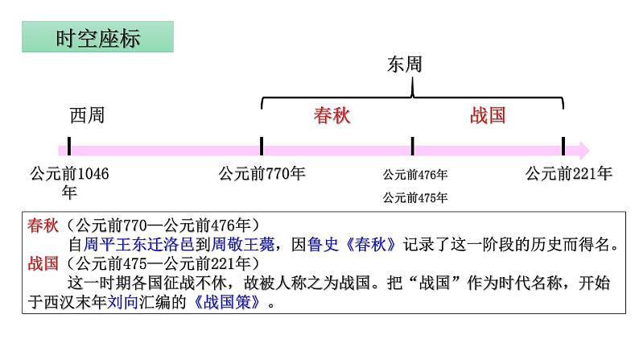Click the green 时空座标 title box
tap(98, 37)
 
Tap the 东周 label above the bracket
tap(405, 64)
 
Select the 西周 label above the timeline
tap(87, 115)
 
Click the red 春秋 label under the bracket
tap(332, 115)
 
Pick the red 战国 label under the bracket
tap(488, 115)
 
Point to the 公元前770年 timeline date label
tap(262, 174)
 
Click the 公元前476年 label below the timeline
tap(414, 175)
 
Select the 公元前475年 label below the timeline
tap(414, 198)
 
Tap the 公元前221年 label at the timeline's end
tap(569, 174)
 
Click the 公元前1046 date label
tap(69, 182)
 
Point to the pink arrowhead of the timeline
tap(583, 151)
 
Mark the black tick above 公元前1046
tap(69, 146)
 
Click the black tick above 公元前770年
tap(262, 146)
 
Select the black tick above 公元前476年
tap(412, 146)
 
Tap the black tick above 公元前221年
tap(563, 146)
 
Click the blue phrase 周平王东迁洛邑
tap(138, 244)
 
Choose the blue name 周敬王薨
tap(243, 244)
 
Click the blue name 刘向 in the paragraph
tap(122, 302)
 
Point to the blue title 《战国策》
tap(227, 302)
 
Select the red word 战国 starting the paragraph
tap(43, 263)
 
